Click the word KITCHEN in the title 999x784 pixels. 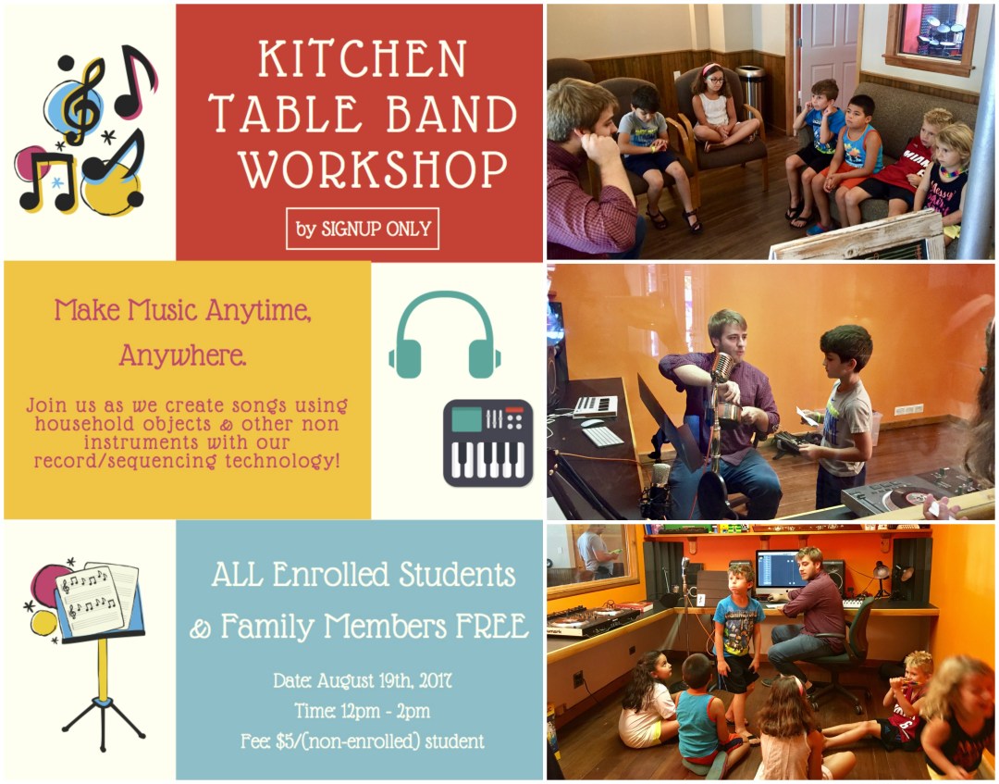[x=362, y=58]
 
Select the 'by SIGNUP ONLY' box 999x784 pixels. [x=363, y=229]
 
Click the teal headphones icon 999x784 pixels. [x=445, y=333]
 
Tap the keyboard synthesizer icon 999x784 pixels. [x=487, y=442]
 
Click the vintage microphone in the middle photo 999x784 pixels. [x=720, y=367]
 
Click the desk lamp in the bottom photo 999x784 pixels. [x=879, y=574]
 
